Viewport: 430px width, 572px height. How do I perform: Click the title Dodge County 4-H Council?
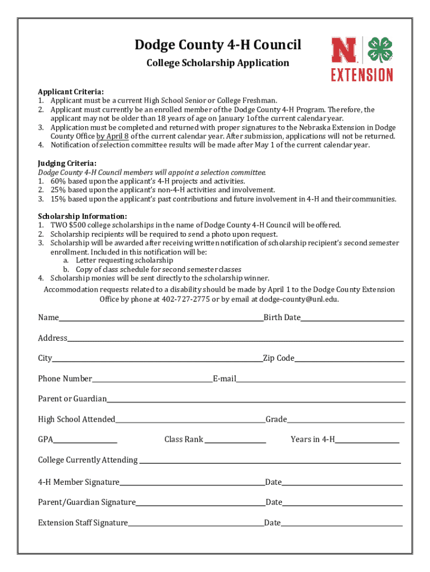click(218, 45)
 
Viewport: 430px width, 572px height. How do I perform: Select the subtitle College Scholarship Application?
click(218, 63)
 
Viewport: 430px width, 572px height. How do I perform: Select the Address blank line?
click(235, 340)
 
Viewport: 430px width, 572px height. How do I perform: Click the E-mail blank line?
click(321, 380)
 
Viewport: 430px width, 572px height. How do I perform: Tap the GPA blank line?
click(85, 441)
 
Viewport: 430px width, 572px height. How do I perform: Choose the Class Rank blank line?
click(235, 441)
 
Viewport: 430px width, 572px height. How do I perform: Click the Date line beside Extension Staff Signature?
click(342, 525)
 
